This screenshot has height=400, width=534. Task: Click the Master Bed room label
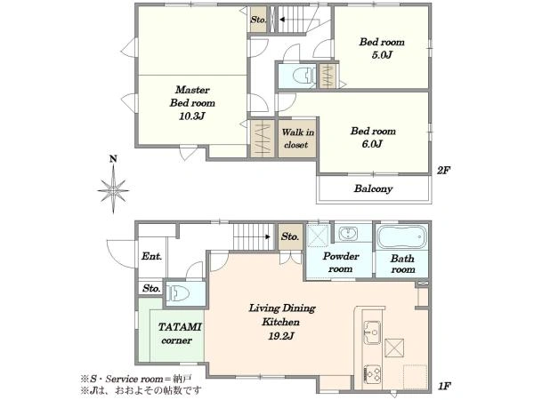192,96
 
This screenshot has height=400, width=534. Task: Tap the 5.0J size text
382,55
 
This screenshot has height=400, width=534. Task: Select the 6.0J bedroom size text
372,144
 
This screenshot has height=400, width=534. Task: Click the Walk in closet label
297,138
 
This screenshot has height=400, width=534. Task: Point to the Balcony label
373,188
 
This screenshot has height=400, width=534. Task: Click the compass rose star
113,190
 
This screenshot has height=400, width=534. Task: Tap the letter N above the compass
113,159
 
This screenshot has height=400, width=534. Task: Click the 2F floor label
443,170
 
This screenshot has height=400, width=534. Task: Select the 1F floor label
444,386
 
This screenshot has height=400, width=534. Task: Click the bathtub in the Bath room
402,236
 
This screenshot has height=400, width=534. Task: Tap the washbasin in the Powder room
348,234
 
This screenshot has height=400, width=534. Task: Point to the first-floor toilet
179,292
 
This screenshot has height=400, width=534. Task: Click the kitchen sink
372,332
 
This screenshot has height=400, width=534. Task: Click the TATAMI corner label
179,333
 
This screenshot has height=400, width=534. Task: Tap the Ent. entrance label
151,256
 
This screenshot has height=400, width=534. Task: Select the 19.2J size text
281,336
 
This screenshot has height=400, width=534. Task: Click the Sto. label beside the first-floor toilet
151,288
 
